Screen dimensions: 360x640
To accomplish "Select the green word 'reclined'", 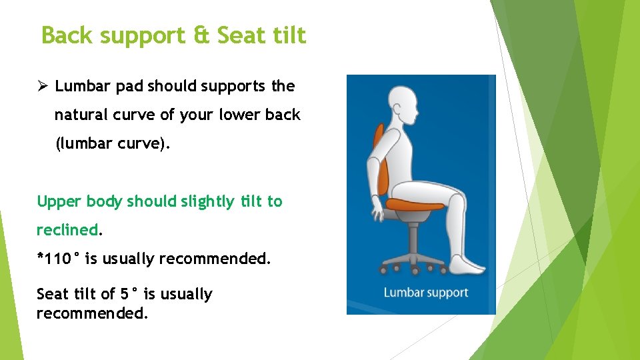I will (67, 230).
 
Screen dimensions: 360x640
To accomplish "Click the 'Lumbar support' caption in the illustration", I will (425, 293).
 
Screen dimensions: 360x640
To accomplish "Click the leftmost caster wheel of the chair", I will (383, 270).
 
